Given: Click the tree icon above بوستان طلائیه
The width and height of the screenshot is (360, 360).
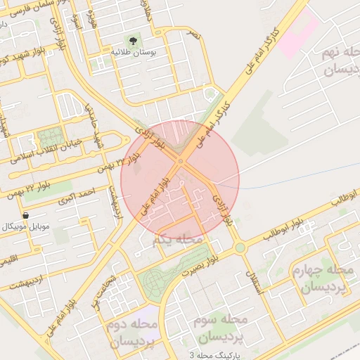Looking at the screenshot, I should [131, 40].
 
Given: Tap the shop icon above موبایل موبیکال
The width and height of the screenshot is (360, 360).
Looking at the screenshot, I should [26, 215].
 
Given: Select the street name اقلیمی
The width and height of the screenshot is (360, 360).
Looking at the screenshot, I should [9, 262].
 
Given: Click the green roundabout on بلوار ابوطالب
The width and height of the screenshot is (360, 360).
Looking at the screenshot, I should [240, 247].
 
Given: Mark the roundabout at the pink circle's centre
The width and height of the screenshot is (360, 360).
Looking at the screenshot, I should [180, 162].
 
